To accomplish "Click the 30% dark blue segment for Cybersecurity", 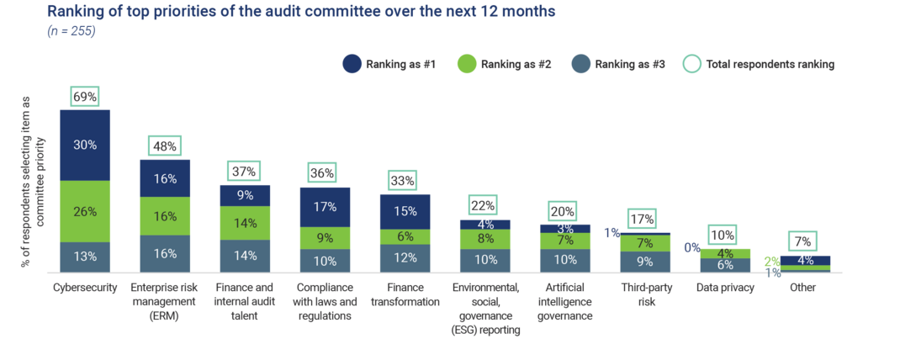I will point(85,145).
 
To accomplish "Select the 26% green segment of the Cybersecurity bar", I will point(85,211).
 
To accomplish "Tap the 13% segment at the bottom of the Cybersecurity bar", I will point(85,257).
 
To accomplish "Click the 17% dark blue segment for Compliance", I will point(325,206).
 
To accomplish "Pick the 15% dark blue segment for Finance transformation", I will point(405,211).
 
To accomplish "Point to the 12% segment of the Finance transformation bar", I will point(405,258).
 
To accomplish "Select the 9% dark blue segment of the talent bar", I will point(245,195).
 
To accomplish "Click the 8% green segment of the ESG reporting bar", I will point(484,238).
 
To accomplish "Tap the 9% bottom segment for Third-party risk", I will point(644,262).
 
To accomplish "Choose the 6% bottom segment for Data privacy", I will point(724,265).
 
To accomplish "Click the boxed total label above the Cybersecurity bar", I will point(84,96).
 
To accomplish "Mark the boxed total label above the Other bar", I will point(804,241).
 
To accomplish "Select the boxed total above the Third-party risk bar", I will point(642,219).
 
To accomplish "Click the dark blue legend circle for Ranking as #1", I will point(352,63).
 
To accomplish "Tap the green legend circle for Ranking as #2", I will point(466,63).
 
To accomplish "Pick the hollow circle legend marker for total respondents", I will point(691,63).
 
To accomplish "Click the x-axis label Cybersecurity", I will point(84,287).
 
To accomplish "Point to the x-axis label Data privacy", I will point(725,287).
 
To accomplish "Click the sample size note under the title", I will point(71,32).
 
